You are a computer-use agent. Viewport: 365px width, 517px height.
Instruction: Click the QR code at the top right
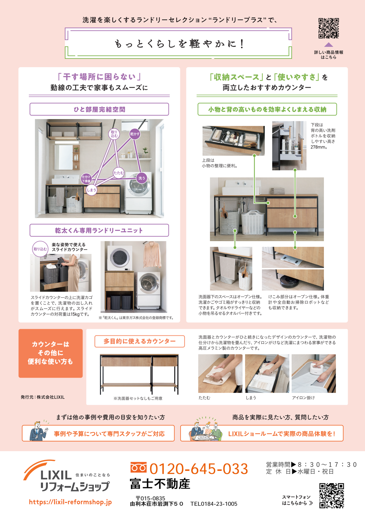329,28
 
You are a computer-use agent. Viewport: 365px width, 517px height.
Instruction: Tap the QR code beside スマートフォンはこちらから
331,495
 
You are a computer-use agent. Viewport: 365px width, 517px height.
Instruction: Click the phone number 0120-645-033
198,469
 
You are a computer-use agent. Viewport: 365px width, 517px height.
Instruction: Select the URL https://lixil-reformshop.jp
70,502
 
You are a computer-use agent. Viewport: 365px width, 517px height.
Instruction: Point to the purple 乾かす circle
135,134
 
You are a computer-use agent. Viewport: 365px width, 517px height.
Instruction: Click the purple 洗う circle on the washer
142,178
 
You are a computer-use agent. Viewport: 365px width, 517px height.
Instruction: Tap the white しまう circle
91,190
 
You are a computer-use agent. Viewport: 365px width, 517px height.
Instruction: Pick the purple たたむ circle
118,173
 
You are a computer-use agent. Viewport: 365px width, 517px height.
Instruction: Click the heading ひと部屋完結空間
99,109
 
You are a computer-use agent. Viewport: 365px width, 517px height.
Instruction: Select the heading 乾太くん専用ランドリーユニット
99,230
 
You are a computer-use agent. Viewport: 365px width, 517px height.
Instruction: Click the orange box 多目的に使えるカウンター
140,341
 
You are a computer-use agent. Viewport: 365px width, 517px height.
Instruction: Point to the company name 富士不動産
160,484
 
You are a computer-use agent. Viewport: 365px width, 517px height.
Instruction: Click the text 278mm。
319,147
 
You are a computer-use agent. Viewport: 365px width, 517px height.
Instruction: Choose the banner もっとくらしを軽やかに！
178,44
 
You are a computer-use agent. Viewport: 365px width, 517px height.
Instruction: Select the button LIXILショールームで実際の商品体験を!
262,433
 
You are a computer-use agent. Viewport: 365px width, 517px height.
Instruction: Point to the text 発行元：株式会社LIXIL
43,397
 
